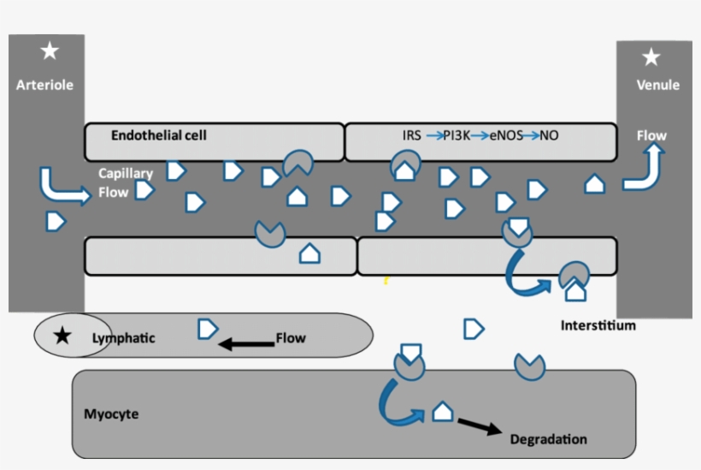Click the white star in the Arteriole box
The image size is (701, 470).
pyautogui.click(x=50, y=52)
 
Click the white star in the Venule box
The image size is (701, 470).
pyautogui.click(x=651, y=57)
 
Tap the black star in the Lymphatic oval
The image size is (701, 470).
pyautogui.click(x=62, y=336)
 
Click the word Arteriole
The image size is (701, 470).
pyautogui.click(x=44, y=85)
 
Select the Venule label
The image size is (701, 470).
pyautogui.click(x=658, y=85)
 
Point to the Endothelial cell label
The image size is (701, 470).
pyautogui.click(x=158, y=135)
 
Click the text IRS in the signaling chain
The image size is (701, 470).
pyautogui.click(x=412, y=135)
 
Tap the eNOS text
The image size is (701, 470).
pyautogui.click(x=506, y=135)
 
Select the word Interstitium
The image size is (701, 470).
pyautogui.click(x=598, y=325)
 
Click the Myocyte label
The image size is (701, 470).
pyautogui.click(x=111, y=414)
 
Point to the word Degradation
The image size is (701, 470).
pyautogui.click(x=548, y=439)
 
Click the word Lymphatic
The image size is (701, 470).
pyautogui.click(x=123, y=337)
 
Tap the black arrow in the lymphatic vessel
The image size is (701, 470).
pyautogui.click(x=244, y=344)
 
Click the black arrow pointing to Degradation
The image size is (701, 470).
pyautogui.click(x=480, y=425)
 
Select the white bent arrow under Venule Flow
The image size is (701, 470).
pyautogui.click(x=645, y=169)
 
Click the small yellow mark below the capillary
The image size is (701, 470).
pyautogui.click(x=386, y=279)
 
